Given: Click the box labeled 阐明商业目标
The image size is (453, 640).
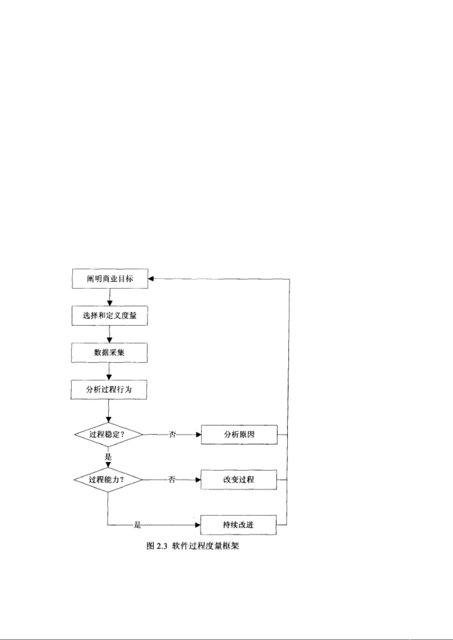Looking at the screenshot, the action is [110, 278].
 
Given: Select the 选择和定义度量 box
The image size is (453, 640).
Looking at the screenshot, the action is [110, 316].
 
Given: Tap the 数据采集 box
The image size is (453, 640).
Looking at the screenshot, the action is [109, 353].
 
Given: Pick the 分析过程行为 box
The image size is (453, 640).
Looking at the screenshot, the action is [109, 390].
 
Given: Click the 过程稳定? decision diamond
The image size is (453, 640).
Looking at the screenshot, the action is [109, 435].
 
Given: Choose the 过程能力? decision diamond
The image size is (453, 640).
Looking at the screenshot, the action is [108, 480].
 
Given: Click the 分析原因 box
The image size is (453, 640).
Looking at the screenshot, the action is [239, 435].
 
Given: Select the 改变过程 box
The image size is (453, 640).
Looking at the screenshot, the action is [239, 480].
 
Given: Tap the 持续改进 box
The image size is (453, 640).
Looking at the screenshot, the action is [238, 525].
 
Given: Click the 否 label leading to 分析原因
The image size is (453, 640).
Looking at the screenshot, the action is [172, 435].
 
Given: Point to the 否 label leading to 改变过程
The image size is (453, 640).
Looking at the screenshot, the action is [171, 480].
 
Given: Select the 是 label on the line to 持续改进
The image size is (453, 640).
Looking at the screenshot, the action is [138, 525].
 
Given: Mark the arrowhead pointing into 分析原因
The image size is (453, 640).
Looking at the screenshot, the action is [198, 435].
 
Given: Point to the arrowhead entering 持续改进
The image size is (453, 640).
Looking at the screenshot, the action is [198, 525].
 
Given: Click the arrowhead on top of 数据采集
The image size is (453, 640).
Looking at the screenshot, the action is [109, 340].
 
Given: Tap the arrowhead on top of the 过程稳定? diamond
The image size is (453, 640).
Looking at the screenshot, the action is [109, 420].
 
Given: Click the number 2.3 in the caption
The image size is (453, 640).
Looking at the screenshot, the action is [162, 546].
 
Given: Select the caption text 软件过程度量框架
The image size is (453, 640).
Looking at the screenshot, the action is [205, 546].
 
